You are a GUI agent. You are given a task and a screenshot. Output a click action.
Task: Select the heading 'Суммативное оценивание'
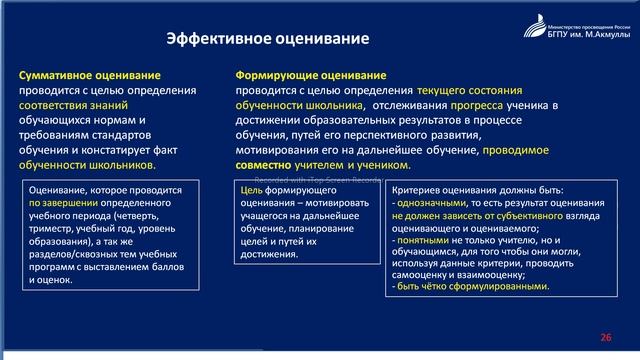pos(89,75)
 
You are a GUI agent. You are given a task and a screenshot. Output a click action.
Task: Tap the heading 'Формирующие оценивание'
pos(311,75)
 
